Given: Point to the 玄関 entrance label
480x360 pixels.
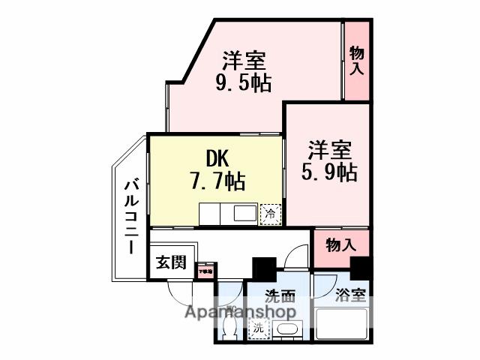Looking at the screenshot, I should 170,262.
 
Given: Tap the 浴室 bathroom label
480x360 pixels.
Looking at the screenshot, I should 350,295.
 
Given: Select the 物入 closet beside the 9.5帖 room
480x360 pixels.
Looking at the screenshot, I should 357,60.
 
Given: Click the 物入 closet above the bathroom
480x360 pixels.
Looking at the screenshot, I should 340,245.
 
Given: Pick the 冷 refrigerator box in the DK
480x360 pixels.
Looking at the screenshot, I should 269,214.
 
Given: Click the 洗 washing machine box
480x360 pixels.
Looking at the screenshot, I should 257,327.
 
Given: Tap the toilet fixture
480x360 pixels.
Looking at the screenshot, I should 231,327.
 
